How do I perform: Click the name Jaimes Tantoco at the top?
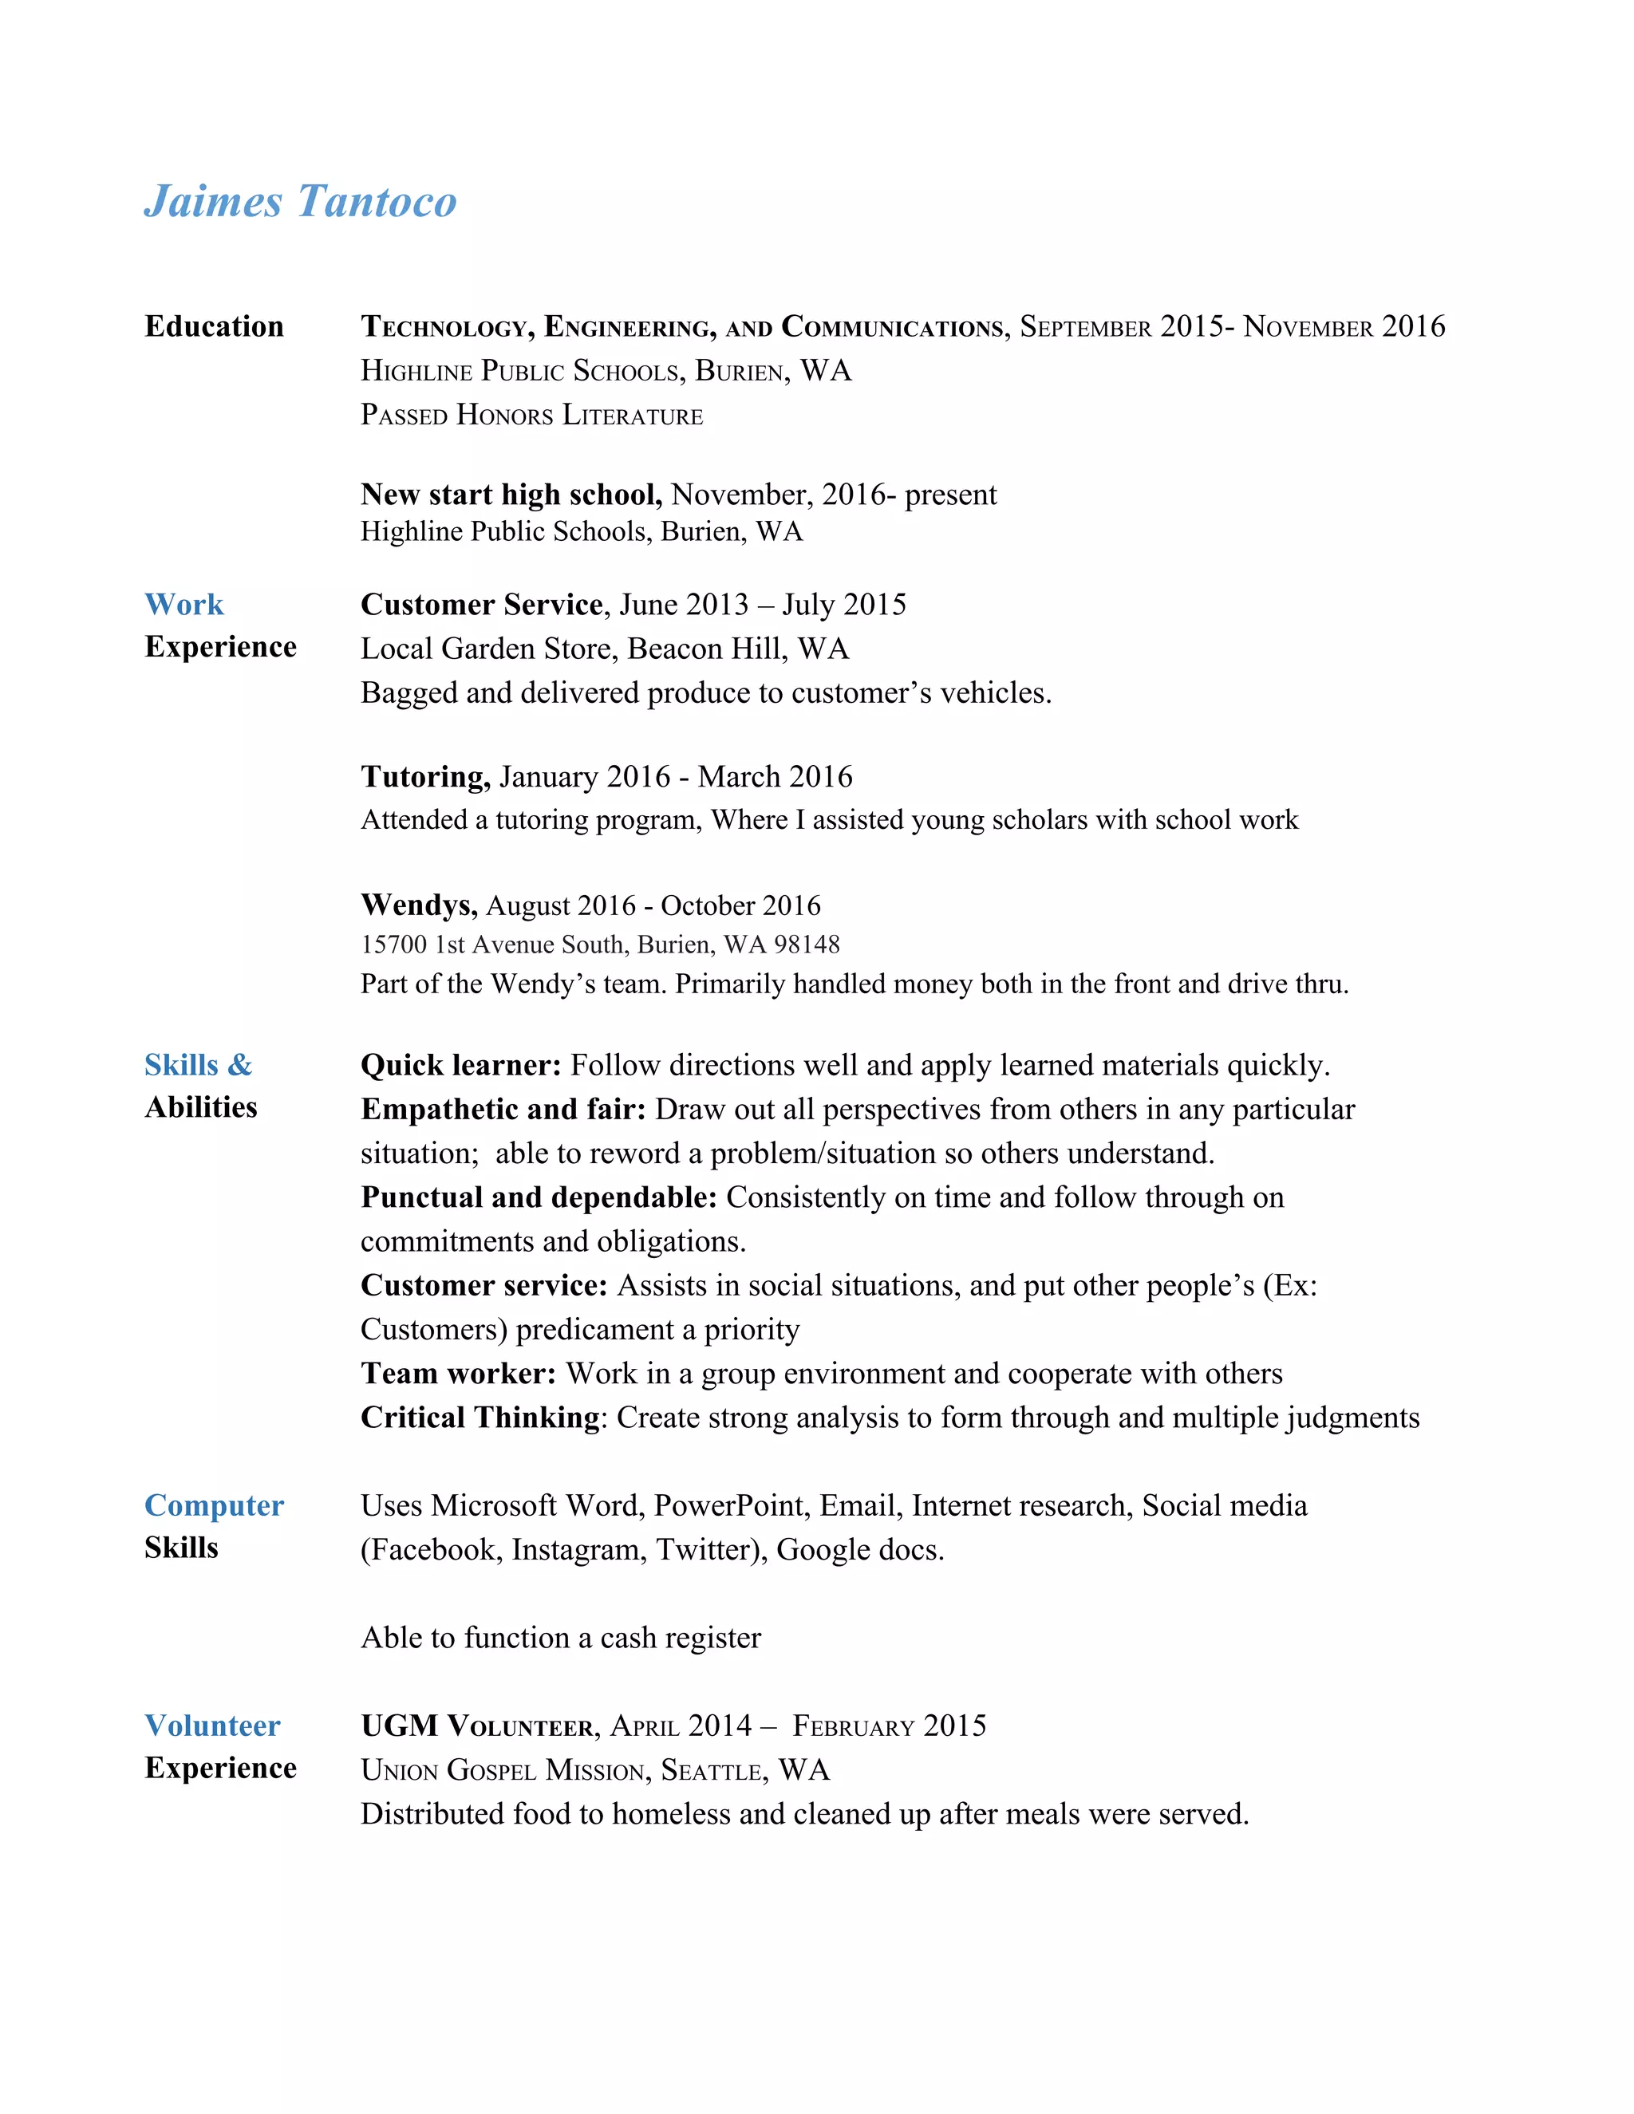pyautogui.click(x=300, y=201)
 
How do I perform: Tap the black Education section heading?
pyautogui.click(x=214, y=326)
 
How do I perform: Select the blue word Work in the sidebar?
pyautogui.click(x=184, y=605)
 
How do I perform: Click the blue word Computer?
pyautogui.click(x=214, y=1505)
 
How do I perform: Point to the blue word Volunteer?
pyautogui.click(x=212, y=1725)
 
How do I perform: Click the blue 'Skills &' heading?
pyautogui.click(x=199, y=1065)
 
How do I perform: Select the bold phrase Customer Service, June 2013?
pyautogui.click(x=555, y=605)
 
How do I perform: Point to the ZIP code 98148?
pyautogui.click(x=807, y=945)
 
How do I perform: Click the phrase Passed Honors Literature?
pyautogui.click(x=531, y=416)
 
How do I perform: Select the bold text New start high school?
pyautogui.click(x=510, y=495)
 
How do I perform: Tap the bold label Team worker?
pyautogui.click(x=458, y=1373)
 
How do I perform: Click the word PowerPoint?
pyautogui.click(x=731, y=1505)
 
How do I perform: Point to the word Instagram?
pyautogui.click(x=578, y=1550)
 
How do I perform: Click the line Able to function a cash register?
pyautogui.click(x=560, y=1638)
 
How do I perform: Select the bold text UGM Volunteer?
pyautogui.click(x=478, y=1726)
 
